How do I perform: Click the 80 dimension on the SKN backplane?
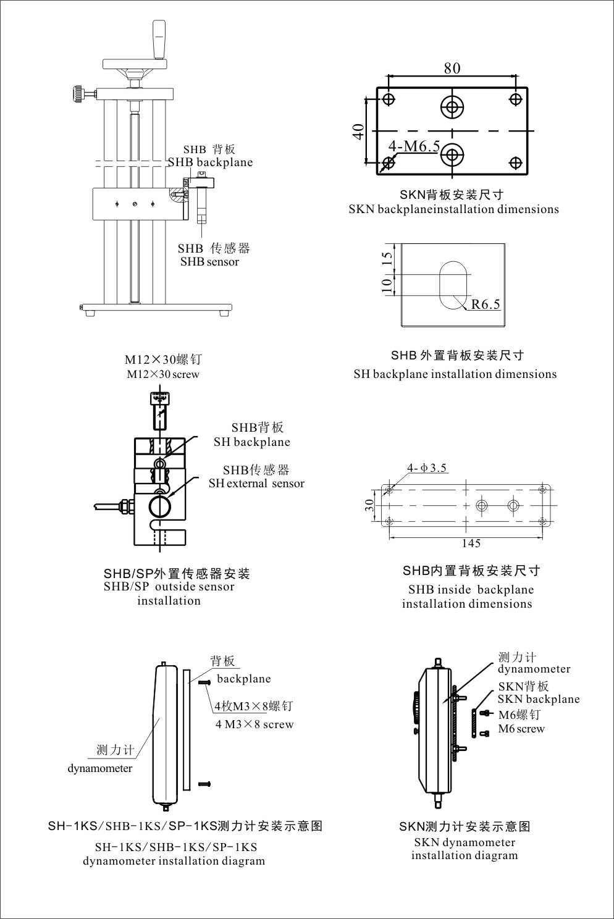[x=452, y=67]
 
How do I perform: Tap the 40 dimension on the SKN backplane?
[x=358, y=132]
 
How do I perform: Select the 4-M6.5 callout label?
[x=414, y=146]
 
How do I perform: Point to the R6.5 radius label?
[x=486, y=304]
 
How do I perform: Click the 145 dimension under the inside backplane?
[x=471, y=543]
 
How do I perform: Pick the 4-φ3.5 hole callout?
[x=427, y=468]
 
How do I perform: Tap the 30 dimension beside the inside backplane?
[x=369, y=505]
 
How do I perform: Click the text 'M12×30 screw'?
[x=163, y=374]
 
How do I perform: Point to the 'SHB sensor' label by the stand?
[x=209, y=262]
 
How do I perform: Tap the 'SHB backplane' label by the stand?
[x=211, y=162]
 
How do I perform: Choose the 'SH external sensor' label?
[x=256, y=484]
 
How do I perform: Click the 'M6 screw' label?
[x=521, y=729]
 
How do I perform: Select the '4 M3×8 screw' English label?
[x=254, y=724]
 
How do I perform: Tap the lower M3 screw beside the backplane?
[x=205, y=784]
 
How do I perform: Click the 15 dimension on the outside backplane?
[x=387, y=259]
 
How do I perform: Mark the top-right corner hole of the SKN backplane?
[x=516, y=99]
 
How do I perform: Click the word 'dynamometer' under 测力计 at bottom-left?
[x=100, y=768]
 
